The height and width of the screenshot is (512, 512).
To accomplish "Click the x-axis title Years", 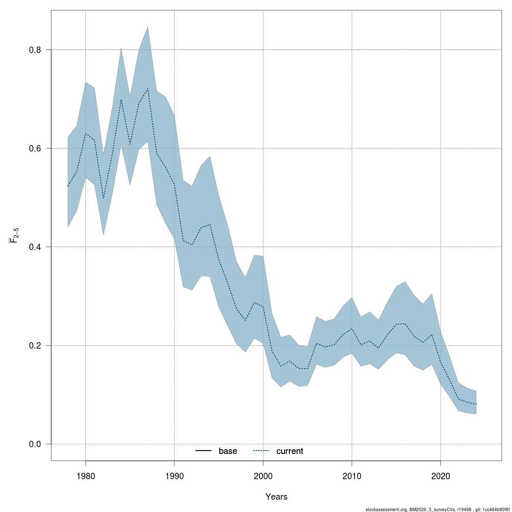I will click(276, 497).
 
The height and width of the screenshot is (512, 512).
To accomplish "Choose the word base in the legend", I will click(228, 451).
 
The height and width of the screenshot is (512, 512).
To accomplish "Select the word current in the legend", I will click(290, 451).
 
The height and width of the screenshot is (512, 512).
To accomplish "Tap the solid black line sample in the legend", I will click(204, 451).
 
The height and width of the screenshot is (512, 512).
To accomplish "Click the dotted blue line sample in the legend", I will click(262, 451).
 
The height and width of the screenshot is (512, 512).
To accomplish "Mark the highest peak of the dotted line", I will click(148, 89).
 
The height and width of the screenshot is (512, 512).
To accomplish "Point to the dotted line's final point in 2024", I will click(476, 404).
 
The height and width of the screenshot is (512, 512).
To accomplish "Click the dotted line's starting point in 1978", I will click(68, 186).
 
